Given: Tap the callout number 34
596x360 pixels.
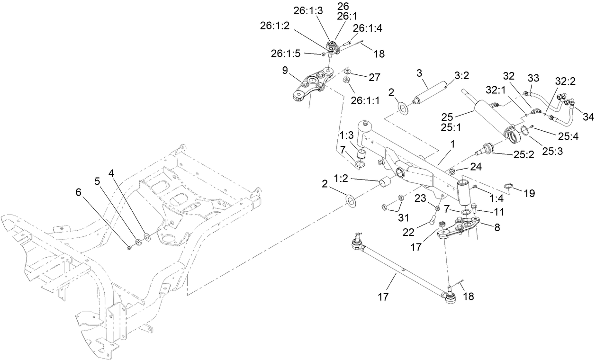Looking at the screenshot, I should (588, 117).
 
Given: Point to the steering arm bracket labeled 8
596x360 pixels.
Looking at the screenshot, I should (460, 227).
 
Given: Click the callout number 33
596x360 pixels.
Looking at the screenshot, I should (533, 77).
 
